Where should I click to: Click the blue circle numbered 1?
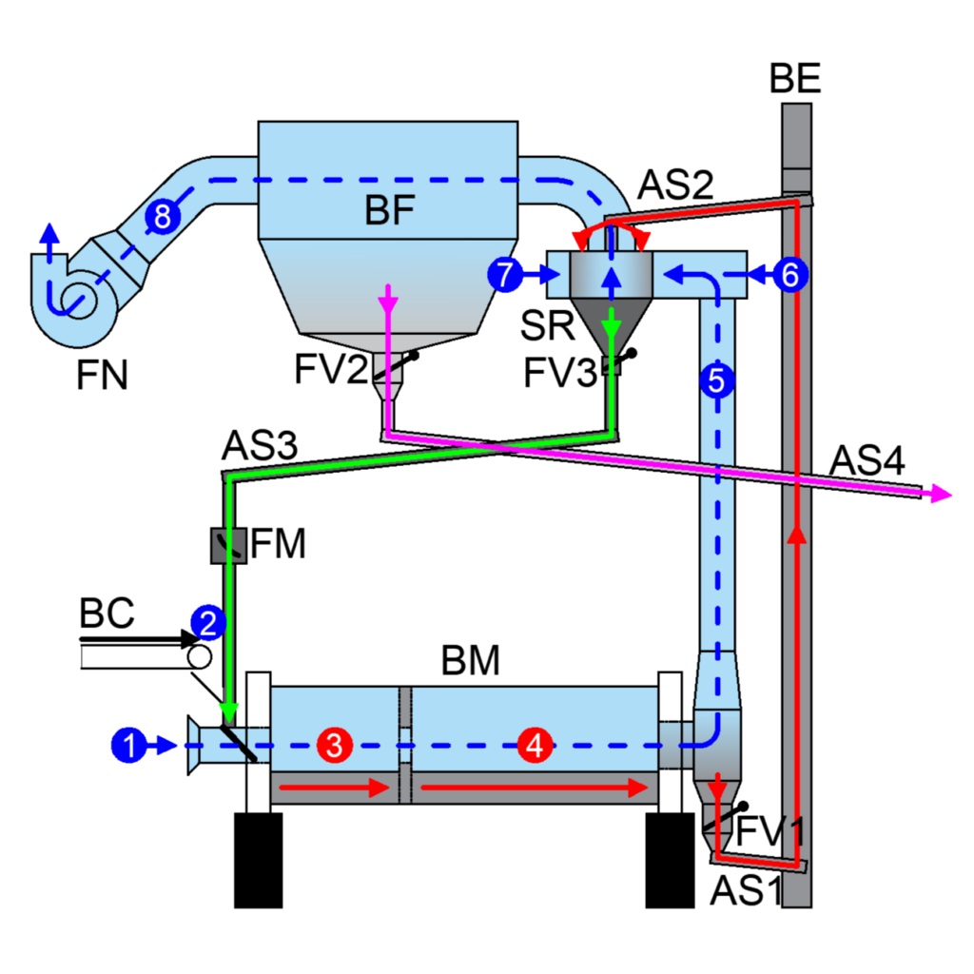129,745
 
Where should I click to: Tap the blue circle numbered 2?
208,622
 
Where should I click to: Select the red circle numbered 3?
335,745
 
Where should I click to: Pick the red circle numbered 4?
536,745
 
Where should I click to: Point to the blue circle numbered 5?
717,380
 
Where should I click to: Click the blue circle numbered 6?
790,274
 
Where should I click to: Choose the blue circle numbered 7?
506,274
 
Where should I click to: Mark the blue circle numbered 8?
163,217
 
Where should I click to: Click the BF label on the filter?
389,209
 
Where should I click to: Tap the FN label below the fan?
102,375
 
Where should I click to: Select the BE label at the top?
795,78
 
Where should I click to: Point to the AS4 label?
867,460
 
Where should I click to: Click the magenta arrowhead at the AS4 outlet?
942,495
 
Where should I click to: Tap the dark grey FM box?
228,545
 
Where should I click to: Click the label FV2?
331,369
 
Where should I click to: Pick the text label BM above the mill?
470,660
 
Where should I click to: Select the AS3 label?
260,445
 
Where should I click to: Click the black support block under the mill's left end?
259,860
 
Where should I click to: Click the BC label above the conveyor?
107,614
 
